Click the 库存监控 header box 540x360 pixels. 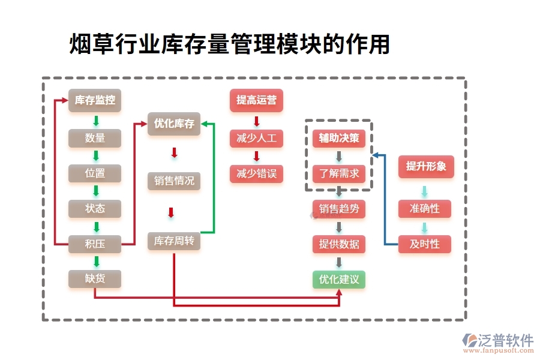coord(95,100)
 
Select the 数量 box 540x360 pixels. coord(95,138)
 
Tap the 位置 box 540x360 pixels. coord(95,173)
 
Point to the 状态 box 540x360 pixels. coord(95,208)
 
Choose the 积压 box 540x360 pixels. coord(95,244)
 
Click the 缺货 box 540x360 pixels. coord(95,278)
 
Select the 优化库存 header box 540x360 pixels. coord(174,124)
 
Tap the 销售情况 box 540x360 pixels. coord(174,181)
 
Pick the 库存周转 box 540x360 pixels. coord(174,241)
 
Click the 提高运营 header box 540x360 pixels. coord(256,100)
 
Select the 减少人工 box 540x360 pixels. coord(256,139)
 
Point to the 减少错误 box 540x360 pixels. coord(256,174)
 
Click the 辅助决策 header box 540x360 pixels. coord(339,139)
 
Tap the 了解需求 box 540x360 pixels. coord(339,174)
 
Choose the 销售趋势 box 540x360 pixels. coord(339,209)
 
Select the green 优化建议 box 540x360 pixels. coord(339,280)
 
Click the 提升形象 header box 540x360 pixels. coord(426,166)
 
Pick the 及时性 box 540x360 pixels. coord(425,244)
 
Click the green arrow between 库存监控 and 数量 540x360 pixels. coord(95,121)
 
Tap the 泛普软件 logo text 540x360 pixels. coord(505,340)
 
